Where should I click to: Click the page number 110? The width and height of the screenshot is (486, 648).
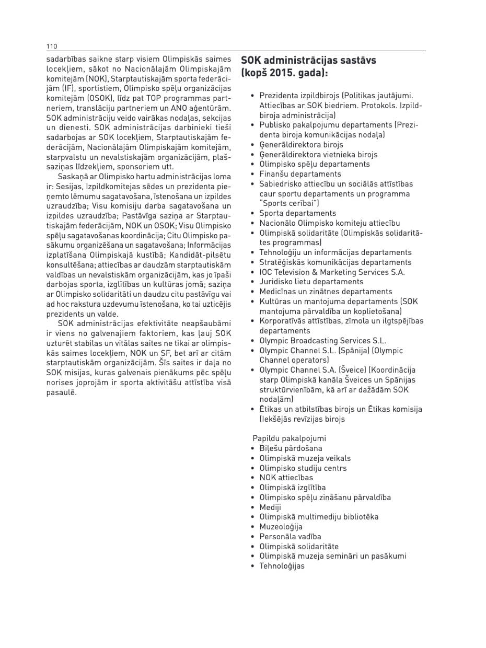(51, 46)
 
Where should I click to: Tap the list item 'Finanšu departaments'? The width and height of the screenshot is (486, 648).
(300, 174)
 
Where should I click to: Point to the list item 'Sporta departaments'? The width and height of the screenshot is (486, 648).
(297, 213)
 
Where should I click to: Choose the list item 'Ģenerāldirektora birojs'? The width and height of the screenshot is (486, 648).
(301, 145)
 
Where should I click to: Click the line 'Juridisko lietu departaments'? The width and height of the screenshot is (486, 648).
(311, 282)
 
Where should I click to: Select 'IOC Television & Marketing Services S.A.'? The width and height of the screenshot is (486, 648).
(332, 272)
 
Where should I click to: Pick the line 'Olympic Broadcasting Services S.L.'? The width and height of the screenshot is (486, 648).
(322, 341)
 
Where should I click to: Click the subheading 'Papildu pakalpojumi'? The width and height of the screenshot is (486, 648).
(289, 438)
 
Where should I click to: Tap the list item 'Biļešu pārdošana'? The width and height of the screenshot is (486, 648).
(291, 448)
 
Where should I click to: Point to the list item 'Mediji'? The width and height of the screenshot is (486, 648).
(270, 507)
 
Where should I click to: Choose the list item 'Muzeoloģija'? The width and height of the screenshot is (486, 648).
(281, 527)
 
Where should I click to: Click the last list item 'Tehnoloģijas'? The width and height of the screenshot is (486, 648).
(282, 566)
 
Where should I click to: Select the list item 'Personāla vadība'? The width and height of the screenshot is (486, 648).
(290, 537)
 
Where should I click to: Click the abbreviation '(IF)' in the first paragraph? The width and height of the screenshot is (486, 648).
(68, 88)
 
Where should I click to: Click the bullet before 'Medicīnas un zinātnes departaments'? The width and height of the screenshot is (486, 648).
(253, 292)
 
